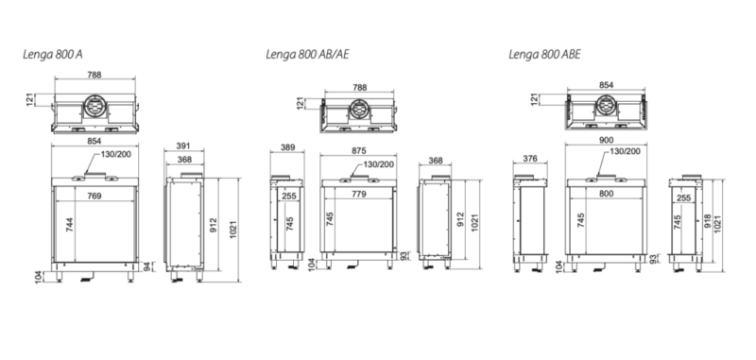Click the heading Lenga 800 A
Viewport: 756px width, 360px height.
tap(53, 55)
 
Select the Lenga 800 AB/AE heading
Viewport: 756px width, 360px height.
tap(307, 55)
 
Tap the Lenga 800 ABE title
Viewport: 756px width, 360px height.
tap(545, 55)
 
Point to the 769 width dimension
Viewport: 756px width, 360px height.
tap(94, 196)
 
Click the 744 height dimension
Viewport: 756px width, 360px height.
tap(69, 225)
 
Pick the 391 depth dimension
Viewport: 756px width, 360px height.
tap(183, 146)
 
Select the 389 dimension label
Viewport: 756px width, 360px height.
tap(288, 147)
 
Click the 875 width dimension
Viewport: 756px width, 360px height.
tap(359, 150)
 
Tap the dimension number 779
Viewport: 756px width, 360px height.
tap(359, 194)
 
